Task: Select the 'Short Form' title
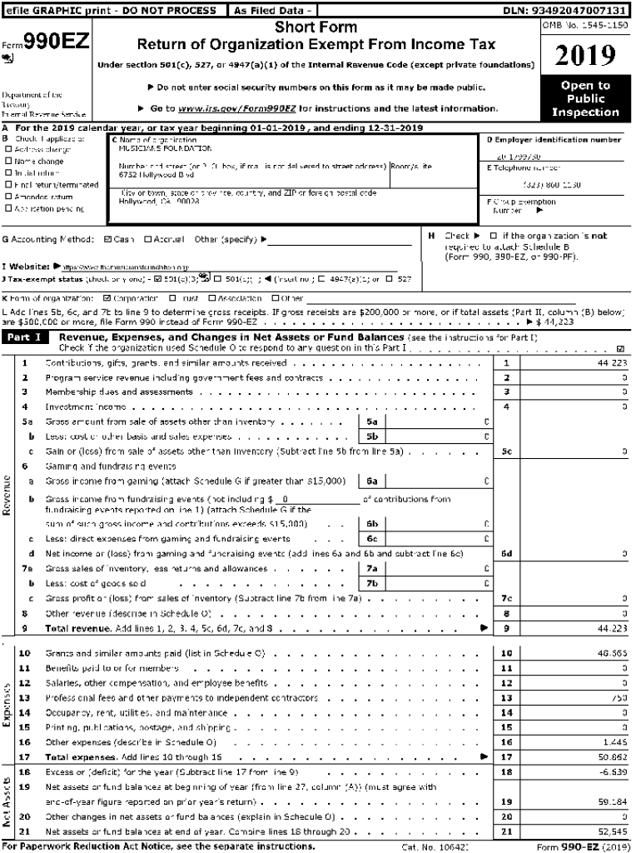pos(316,28)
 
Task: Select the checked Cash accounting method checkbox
pos(106,240)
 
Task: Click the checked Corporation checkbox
pos(106,297)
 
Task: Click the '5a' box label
pos(373,422)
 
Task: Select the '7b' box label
pos(373,582)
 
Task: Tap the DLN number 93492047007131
pos(577,10)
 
